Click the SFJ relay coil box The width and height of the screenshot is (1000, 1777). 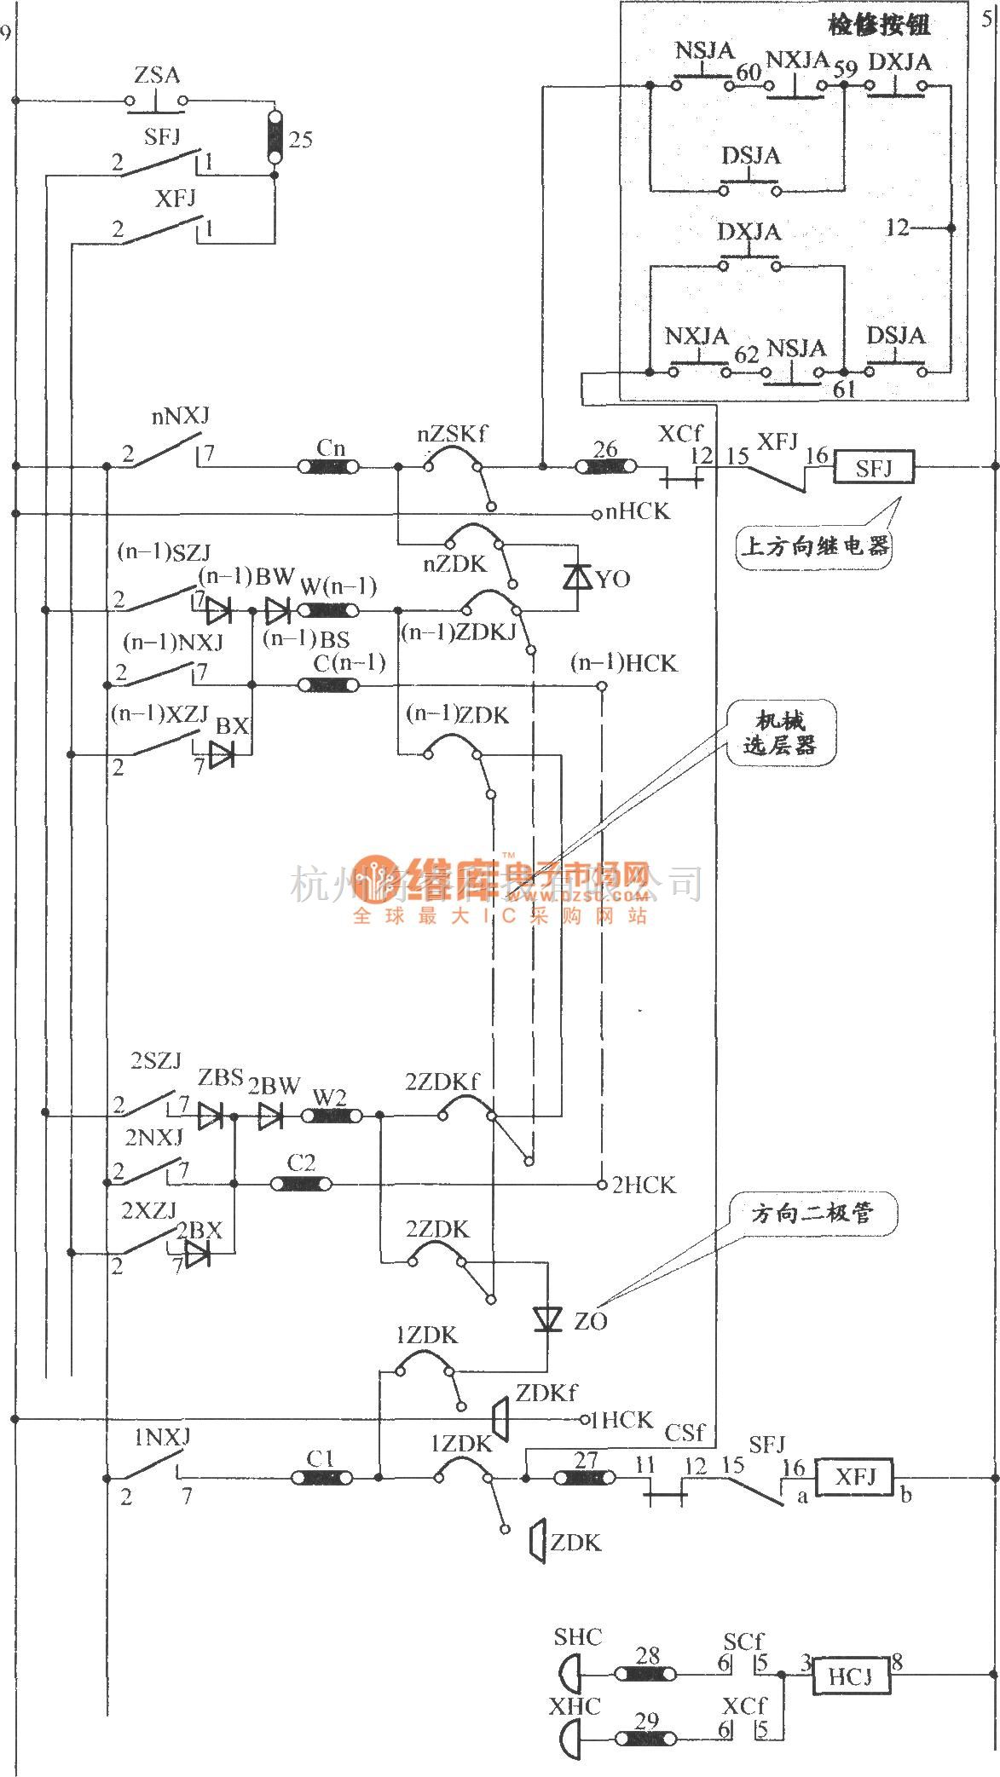click(874, 467)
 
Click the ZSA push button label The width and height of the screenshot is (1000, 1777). click(158, 75)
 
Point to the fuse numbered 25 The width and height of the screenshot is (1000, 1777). click(275, 137)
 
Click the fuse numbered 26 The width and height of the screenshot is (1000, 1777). click(605, 466)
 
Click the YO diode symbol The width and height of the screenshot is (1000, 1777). click(578, 579)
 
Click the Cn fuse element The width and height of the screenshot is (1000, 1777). click(328, 466)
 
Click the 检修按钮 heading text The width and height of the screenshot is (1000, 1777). click(879, 25)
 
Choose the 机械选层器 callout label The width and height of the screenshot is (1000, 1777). click(783, 735)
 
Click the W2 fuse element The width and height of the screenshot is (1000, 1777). click(330, 1116)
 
